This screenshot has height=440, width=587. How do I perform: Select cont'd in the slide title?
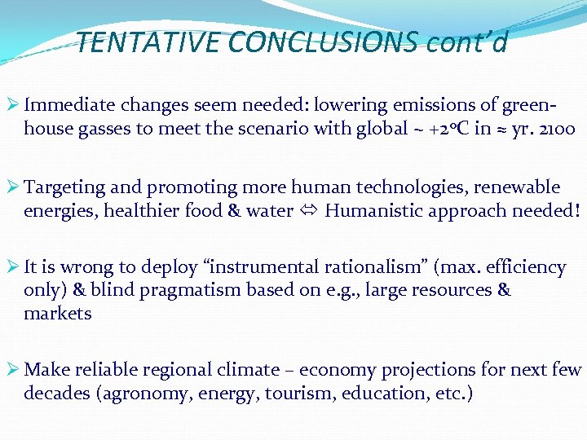[467, 42]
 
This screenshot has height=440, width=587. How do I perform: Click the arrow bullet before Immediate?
[12, 105]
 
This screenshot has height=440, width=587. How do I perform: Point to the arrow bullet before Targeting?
[12, 187]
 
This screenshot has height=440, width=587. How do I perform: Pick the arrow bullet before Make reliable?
[12, 370]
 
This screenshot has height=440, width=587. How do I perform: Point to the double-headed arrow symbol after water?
[309, 211]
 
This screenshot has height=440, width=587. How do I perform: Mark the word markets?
[58, 314]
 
